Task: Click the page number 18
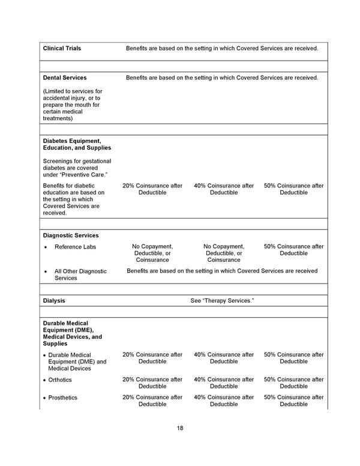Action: click(x=180, y=428)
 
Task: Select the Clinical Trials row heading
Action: click(x=62, y=48)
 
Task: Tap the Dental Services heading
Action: click(x=65, y=77)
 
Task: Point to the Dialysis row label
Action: click(x=54, y=300)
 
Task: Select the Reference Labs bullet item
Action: click(x=75, y=247)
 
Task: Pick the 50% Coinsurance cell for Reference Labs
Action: click(x=293, y=250)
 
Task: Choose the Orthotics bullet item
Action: click(x=59, y=380)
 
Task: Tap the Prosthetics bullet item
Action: click(x=62, y=398)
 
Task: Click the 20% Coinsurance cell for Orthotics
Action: click(x=152, y=383)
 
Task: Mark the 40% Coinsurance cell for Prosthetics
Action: click(x=224, y=401)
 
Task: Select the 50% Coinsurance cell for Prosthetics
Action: click(x=293, y=401)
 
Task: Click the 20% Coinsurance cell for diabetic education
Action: click(x=152, y=189)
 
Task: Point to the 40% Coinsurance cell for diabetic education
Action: click(x=224, y=189)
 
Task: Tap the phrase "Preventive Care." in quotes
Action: click(x=86, y=175)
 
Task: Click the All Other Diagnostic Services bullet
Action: click(x=80, y=274)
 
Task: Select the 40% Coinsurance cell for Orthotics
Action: click(x=224, y=383)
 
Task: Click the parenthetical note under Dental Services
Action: click(x=73, y=105)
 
